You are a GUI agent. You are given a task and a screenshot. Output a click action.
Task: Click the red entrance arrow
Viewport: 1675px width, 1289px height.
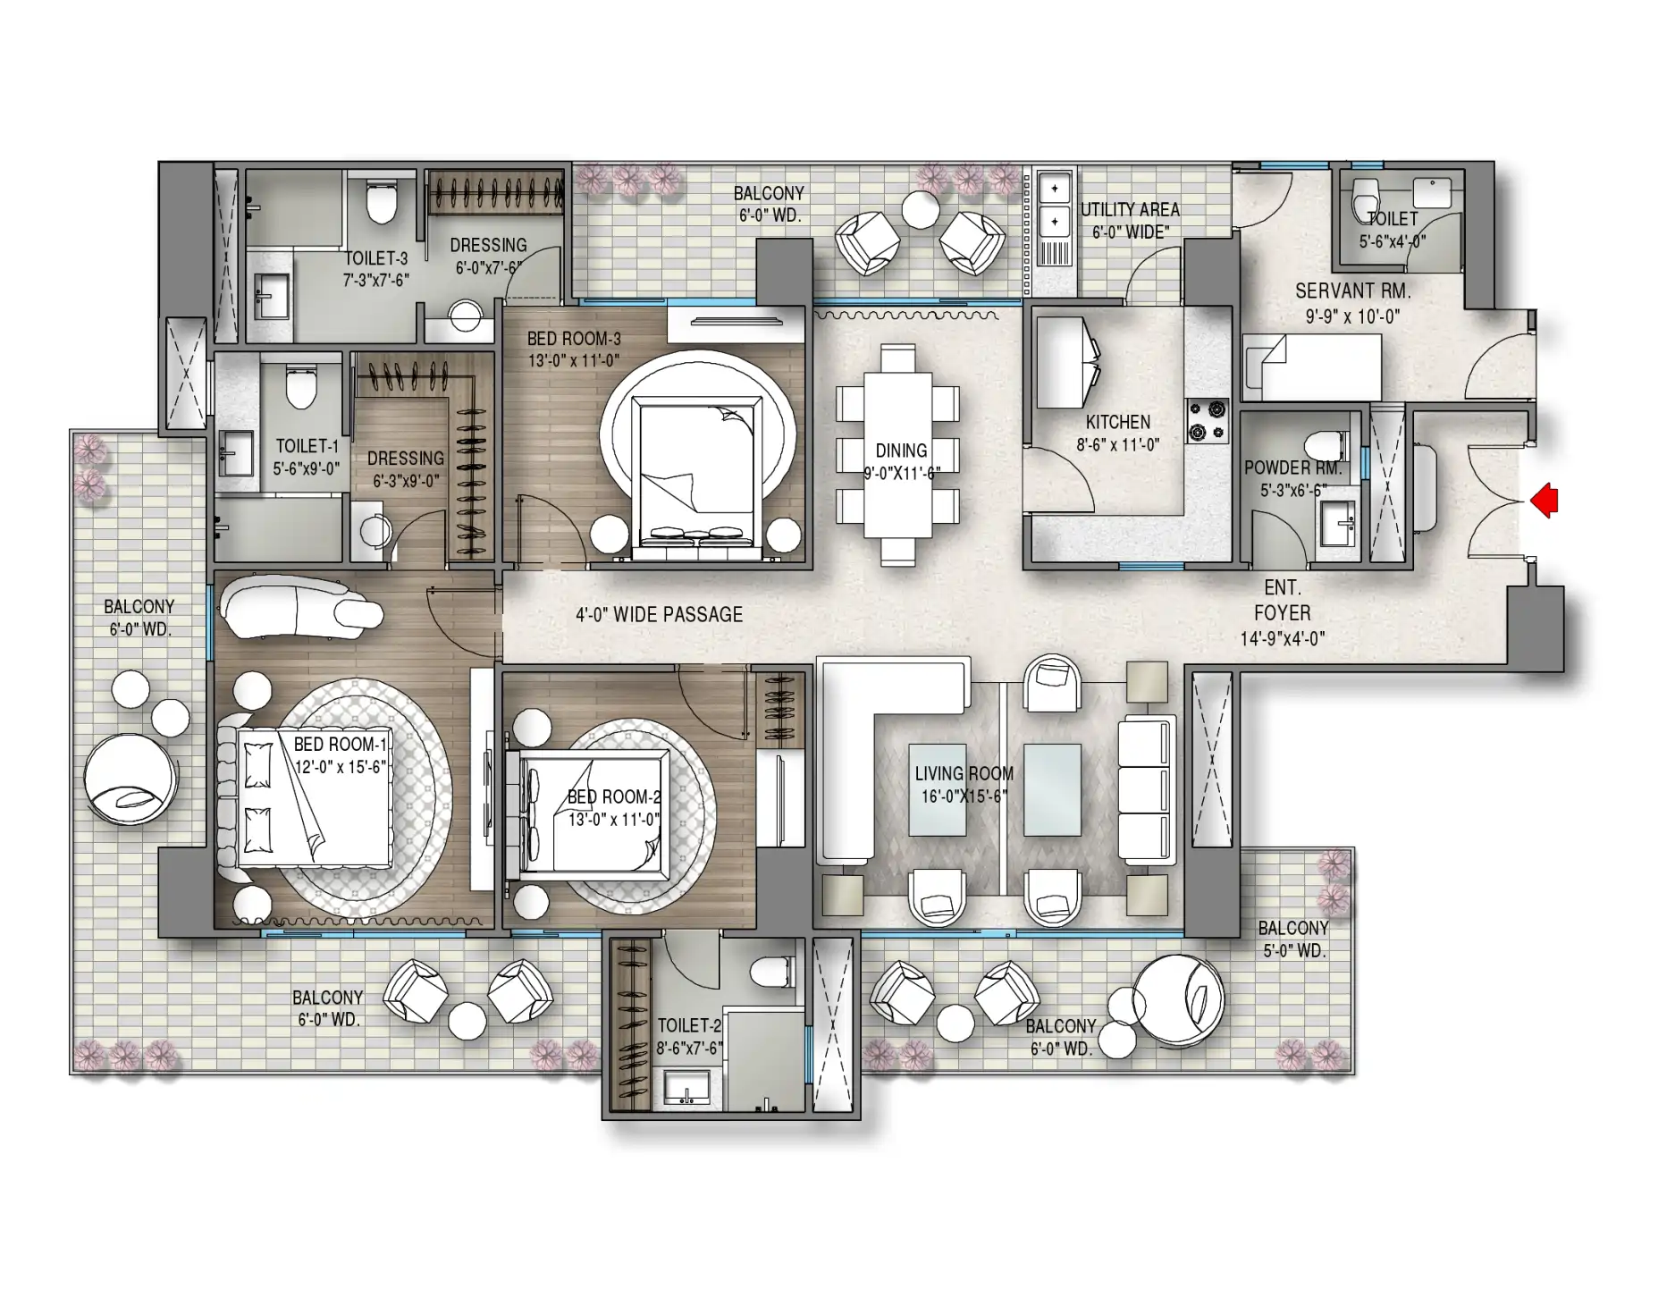coord(1545,501)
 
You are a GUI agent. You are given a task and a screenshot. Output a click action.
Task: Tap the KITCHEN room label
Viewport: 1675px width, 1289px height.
coord(1118,422)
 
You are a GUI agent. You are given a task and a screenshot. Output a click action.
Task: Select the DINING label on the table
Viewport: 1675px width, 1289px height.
coord(901,451)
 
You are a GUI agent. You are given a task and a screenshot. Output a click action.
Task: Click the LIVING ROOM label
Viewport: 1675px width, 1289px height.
coord(964,773)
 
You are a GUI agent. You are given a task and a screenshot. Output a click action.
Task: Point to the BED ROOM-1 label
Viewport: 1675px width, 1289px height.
coord(341,744)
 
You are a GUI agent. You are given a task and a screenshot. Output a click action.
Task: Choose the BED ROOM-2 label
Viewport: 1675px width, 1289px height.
coord(614,796)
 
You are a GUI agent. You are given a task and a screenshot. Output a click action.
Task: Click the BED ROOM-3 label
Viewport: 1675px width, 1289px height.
coord(574,339)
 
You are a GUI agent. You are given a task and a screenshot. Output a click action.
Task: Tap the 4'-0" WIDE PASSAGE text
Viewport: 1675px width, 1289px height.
coord(660,614)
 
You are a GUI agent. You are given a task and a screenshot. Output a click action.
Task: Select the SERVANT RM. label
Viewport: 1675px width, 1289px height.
coord(1352,291)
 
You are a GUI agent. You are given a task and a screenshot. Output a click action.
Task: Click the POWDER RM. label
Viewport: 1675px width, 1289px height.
coord(1293,468)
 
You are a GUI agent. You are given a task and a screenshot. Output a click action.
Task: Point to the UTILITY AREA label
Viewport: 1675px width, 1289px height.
coord(1130,209)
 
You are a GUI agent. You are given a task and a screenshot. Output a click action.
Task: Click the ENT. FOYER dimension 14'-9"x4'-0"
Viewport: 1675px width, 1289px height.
coord(1283,638)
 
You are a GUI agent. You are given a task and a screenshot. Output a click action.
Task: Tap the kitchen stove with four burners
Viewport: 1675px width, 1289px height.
coord(1208,421)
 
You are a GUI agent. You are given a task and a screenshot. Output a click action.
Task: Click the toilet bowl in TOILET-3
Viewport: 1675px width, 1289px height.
coord(382,201)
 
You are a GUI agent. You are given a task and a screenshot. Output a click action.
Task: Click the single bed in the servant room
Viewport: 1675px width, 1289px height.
coord(1311,367)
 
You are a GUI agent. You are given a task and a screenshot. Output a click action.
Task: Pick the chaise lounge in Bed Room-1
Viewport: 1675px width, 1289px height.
coord(302,608)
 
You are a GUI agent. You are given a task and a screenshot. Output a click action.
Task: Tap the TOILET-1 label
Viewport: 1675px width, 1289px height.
coord(307,445)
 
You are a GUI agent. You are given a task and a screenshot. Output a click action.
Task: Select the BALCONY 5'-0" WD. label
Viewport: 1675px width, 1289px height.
coord(1293,939)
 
